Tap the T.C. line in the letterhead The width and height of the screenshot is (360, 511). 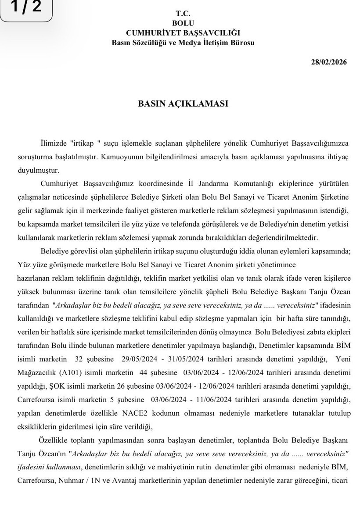(x=183, y=14)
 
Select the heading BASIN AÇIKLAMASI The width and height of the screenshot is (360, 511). (x=183, y=104)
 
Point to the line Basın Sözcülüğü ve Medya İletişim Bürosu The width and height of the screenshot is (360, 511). (x=183, y=43)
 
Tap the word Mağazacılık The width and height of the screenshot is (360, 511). (x=36, y=372)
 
